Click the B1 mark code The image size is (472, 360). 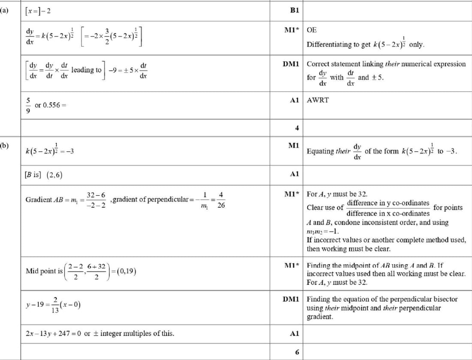294,10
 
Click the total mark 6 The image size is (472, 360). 296,352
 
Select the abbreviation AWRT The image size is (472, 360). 318,100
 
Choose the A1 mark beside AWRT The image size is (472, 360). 294,100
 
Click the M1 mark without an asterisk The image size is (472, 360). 294,146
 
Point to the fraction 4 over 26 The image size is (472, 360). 221,200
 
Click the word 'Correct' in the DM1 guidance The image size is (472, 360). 319,64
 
